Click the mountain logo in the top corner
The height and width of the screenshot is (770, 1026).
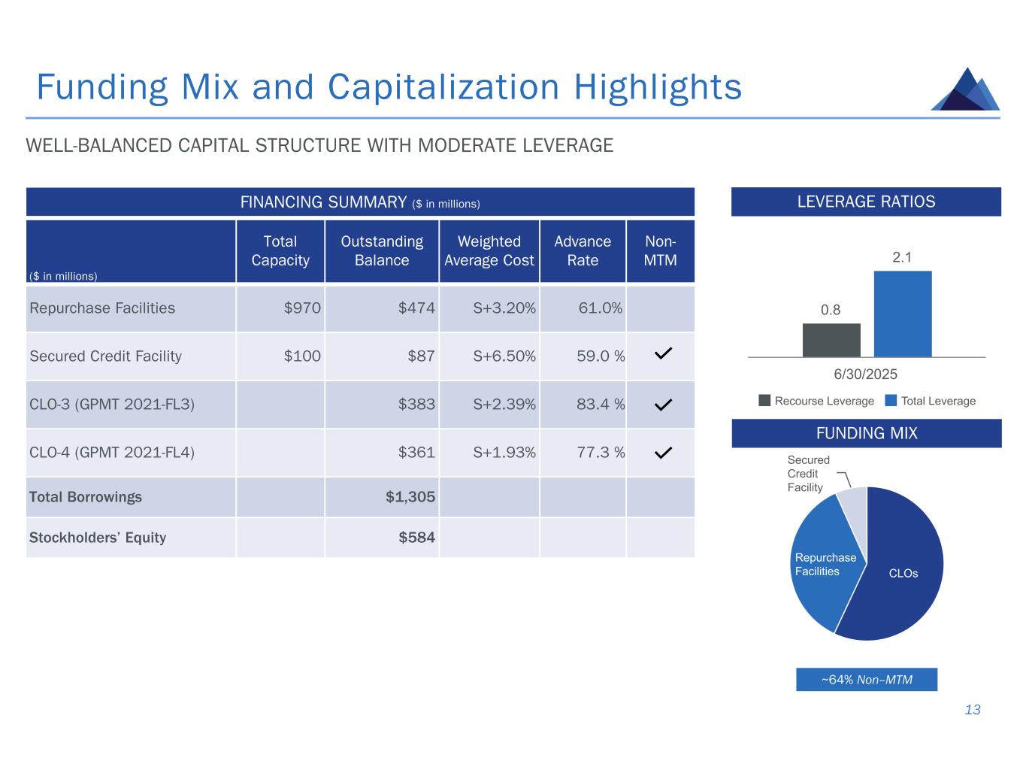click(x=966, y=91)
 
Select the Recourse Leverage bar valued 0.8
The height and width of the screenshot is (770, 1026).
click(x=831, y=340)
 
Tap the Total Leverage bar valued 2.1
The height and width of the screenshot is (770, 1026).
click(x=902, y=314)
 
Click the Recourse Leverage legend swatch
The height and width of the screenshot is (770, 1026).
click(x=764, y=401)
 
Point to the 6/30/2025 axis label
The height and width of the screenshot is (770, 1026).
click(x=866, y=374)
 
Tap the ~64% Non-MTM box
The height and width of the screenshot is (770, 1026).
click(x=867, y=680)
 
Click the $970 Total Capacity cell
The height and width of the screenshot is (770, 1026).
click(x=302, y=308)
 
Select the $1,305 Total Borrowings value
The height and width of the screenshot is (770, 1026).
click(x=410, y=497)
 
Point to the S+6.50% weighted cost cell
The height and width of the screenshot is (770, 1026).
click(x=504, y=356)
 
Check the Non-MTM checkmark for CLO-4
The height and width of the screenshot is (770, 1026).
click(x=662, y=453)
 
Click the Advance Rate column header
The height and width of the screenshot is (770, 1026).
click(x=583, y=251)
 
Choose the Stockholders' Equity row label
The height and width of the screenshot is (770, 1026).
click(x=98, y=538)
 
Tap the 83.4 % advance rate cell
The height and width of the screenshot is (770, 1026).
click(x=600, y=405)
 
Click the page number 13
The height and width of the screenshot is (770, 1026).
click(x=973, y=710)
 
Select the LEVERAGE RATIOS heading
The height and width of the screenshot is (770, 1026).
click(x=866, y=202)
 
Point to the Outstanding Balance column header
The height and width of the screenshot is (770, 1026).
click(x=382, y=251)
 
